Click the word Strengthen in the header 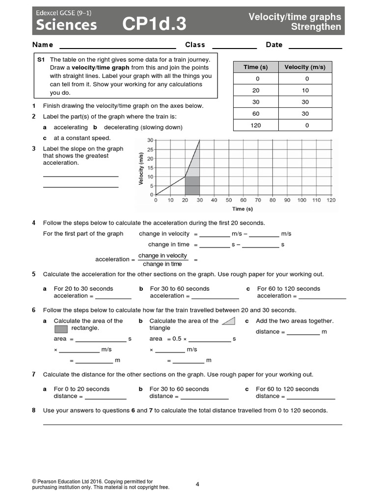(316, 27)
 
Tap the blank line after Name (117, 46)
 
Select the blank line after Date (315, 46)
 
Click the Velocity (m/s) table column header (305, 67)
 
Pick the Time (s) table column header (256, 67)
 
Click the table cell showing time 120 (256, 125)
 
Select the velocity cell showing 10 (305, 91)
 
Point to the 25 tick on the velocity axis (150, 150)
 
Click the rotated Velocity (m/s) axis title (141, 169)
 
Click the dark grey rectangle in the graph (192, 186)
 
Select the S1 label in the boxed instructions (41, 59)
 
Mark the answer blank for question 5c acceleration (322, 296)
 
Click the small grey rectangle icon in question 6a (61, 328)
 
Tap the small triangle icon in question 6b (228, 321)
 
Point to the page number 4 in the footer (197, 484)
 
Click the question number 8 (34, 410)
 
